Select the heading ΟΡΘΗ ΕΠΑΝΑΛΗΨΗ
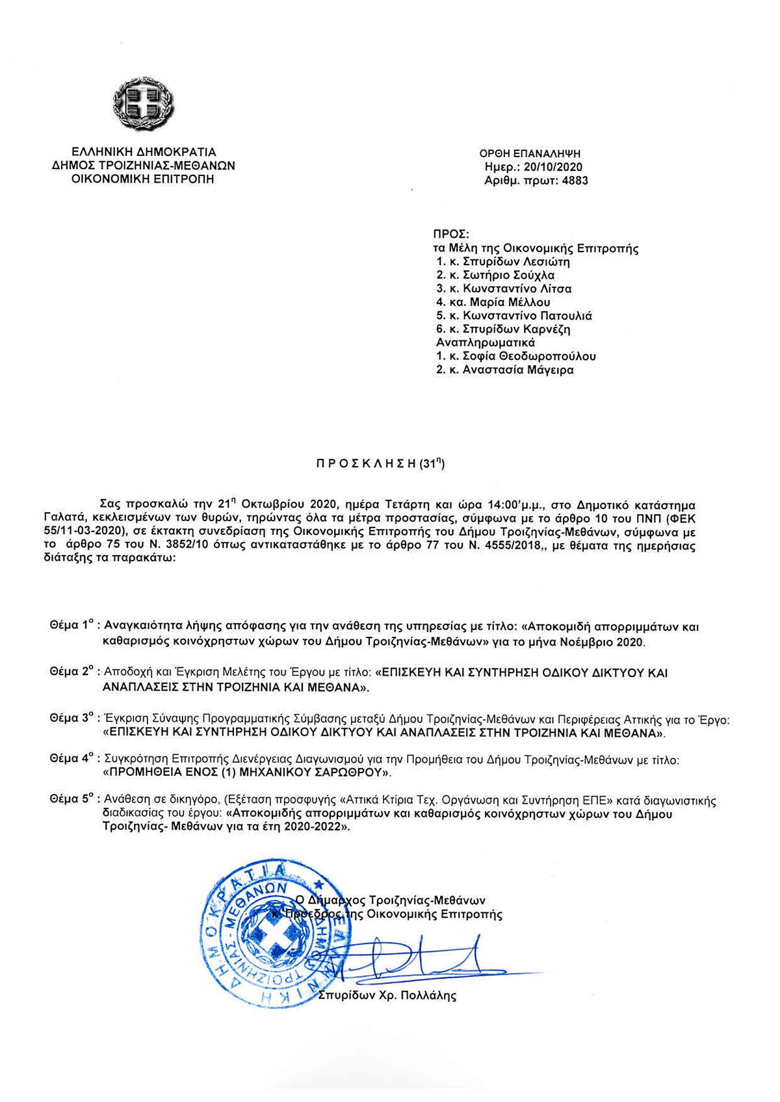pyautogui.click(x=530, y=154)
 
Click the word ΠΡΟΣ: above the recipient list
pyautogui.click(x=451, y=234)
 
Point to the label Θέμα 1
pyautogui.click(x=73, y=626)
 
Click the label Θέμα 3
pyautogui.click(x=73, y=719)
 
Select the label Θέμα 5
pyautogui.click(x=73, y=801)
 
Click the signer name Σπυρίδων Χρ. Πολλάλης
pyautogui.click(x=387, y=995)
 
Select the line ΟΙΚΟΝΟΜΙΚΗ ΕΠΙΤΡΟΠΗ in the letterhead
pyautogui.click(x=144, y=179)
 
